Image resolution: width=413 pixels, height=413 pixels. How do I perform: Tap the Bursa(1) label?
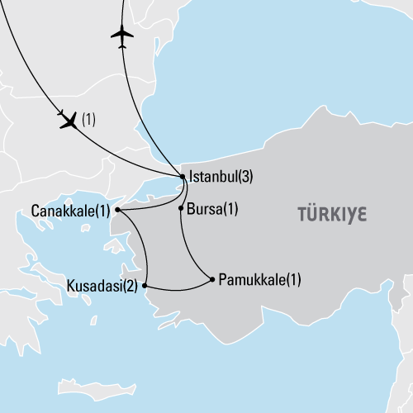click(x=213, y=209)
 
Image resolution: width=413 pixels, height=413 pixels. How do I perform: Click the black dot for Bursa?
click(x=181, y=209)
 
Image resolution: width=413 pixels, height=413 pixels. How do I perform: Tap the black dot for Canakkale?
click(x=118, y=210)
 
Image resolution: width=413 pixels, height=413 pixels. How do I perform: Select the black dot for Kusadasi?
click(x=145, y=287)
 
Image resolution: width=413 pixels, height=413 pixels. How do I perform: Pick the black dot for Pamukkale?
click(x=214, y=279)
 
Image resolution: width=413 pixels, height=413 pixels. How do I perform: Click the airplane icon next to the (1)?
click(x=69, y=121)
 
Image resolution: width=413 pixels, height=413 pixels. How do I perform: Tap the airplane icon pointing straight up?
click(x=122, y=35)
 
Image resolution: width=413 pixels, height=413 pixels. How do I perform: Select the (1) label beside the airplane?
click(x=88, y=121)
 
